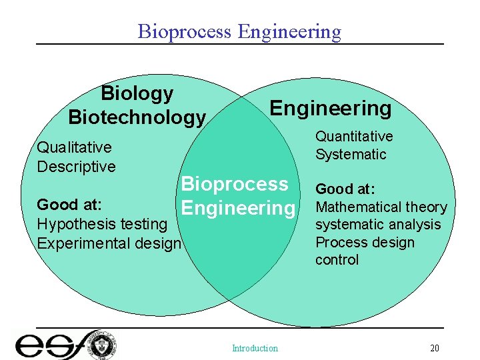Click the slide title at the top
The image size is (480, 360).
239,31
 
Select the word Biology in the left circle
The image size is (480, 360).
137,94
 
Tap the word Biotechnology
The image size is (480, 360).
137,117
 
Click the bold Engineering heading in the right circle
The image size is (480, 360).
330,108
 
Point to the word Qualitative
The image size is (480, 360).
74,147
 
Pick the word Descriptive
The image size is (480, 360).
76,166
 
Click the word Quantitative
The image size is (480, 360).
354,137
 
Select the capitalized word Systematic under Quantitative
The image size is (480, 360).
351,155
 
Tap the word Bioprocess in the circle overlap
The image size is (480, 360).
235,184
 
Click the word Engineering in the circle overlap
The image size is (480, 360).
238,208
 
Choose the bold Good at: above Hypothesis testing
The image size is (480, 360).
69,204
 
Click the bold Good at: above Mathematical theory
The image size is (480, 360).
346,189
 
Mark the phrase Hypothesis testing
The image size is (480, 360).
102,224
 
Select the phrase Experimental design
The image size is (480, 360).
109,243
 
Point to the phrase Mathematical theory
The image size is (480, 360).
381,207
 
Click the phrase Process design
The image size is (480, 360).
365,242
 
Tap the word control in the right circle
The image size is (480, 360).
337,260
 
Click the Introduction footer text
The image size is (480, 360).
255,348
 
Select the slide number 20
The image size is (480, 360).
435,347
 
